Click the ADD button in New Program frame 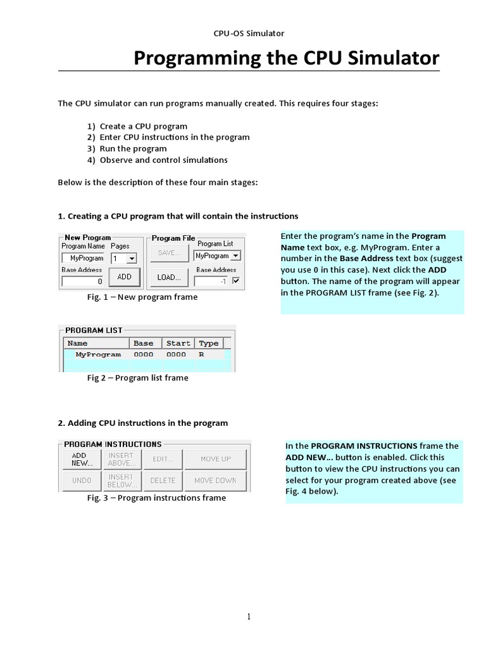[124, 277]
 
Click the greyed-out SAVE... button [169, 253]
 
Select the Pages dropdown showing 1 [124, 258]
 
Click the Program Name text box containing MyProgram [84, 258]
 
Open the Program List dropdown [217, 255]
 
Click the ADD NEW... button [82, 459]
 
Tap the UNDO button [82, 480]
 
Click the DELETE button [163, 480]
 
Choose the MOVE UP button [216, 459]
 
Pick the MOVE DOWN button [216, 480]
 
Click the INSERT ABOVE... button [121, 459]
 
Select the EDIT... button [163, 459]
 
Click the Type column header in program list [208, 344]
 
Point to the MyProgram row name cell [97, 355]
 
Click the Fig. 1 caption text [142, 297]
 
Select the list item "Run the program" [133, 148]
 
